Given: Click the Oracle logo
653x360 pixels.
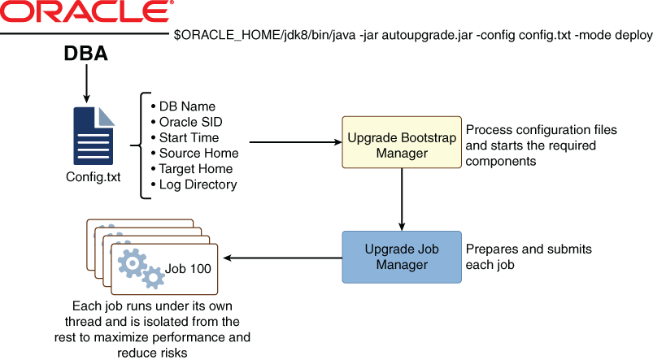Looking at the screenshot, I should [87, 14].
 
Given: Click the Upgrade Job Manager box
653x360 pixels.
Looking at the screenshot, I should [400, 257].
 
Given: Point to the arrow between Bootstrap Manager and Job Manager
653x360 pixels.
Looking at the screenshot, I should [400, 203].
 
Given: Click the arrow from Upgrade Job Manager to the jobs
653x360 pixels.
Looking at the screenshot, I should [281, 258].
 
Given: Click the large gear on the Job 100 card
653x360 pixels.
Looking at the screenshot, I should [133, 262].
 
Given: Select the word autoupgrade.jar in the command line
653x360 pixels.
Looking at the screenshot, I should [392, 37].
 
